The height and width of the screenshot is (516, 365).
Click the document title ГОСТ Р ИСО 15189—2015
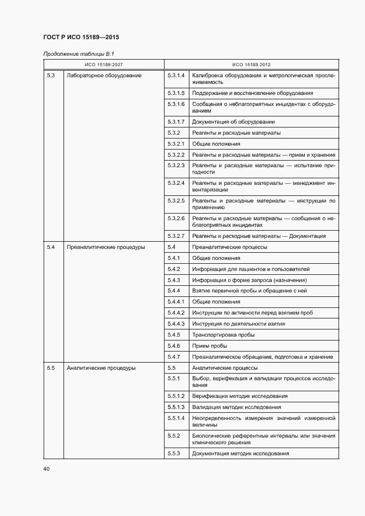point(81,38)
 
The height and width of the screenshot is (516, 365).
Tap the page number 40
point(46,469)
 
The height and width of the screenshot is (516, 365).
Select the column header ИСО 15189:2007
point(104,65)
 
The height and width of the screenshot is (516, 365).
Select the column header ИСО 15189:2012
point(251,65)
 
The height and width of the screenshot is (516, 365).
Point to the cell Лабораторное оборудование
point(104,75)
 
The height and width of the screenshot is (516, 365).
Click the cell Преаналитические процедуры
point(105,247)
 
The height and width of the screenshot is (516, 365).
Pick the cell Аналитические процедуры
point(101,368)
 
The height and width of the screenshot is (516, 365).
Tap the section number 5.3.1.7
point(176,121)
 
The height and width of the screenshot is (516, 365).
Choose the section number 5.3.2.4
point(176,182)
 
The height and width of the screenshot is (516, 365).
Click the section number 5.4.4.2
point(176,313)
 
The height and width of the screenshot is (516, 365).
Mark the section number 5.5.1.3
point(176,407)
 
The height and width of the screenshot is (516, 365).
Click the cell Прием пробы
point(210,346)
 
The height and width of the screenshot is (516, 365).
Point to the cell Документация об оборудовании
point(233,121)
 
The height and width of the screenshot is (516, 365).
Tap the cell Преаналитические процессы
point(229,247)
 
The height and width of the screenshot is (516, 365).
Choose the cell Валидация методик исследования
point(236,407)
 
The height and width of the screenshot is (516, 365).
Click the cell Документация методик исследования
point(240,454)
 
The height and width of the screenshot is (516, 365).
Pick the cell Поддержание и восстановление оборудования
point(252,93)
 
